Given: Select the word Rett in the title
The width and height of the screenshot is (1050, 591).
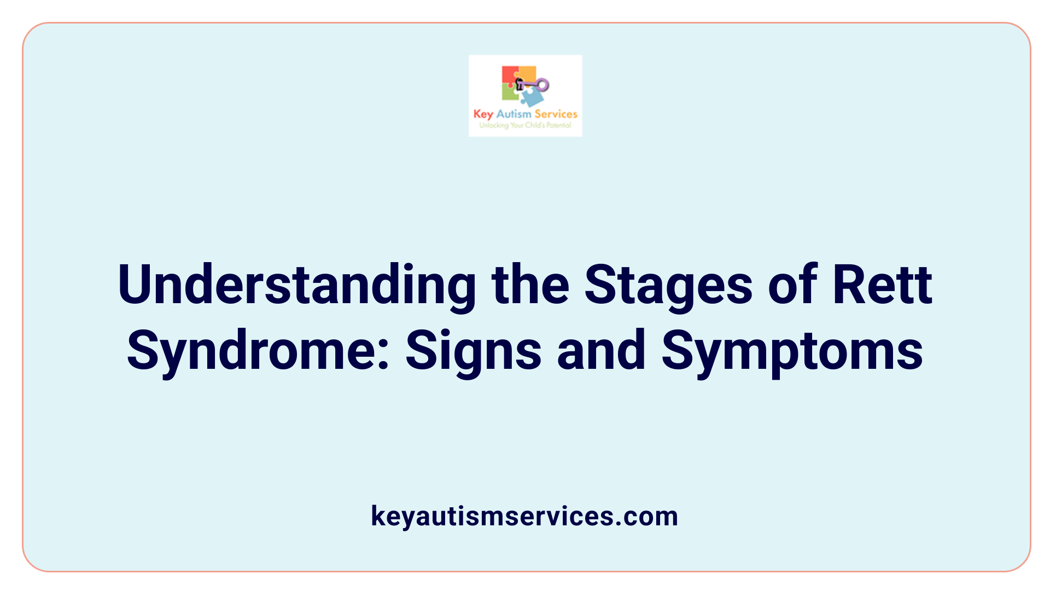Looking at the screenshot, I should [x=882, y=285].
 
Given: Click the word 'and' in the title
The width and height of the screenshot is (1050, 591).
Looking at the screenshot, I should [x=601, y=350].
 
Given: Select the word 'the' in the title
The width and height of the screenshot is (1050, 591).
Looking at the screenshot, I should [x=530, y=285].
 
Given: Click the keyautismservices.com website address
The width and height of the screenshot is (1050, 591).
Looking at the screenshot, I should [x=524, y=516].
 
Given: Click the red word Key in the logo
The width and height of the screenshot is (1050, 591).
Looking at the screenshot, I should [x=483, y=114].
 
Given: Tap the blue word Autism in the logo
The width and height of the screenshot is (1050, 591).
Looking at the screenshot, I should [x=514, y=114].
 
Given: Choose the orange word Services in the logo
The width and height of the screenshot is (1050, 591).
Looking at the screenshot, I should [x=556, y=114].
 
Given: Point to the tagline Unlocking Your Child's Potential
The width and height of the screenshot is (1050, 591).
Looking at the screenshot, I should [x=525, y=125].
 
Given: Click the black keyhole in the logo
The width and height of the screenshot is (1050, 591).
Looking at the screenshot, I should [x=520, y=84].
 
